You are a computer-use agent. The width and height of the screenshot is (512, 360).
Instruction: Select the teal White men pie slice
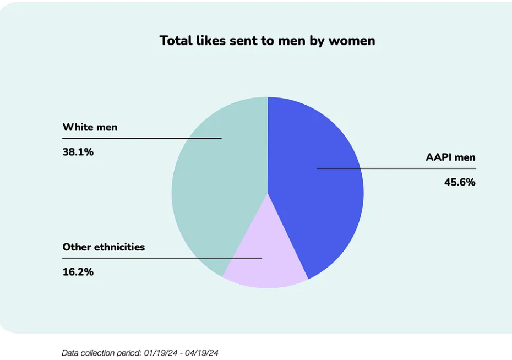pos(215,198)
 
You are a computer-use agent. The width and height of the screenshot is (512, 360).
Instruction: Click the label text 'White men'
pos(90,128)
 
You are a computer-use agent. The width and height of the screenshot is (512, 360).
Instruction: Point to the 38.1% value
pos(78,152)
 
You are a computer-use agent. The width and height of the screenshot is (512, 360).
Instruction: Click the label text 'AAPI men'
pos(450,157)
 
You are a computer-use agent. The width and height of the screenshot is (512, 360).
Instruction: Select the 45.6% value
pos(460,182)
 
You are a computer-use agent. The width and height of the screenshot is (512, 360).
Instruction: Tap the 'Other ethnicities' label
pos(104,247)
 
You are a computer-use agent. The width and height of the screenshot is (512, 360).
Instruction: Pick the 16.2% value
pos(78,272)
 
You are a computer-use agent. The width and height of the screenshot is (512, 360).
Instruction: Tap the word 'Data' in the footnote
pos(70,353)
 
